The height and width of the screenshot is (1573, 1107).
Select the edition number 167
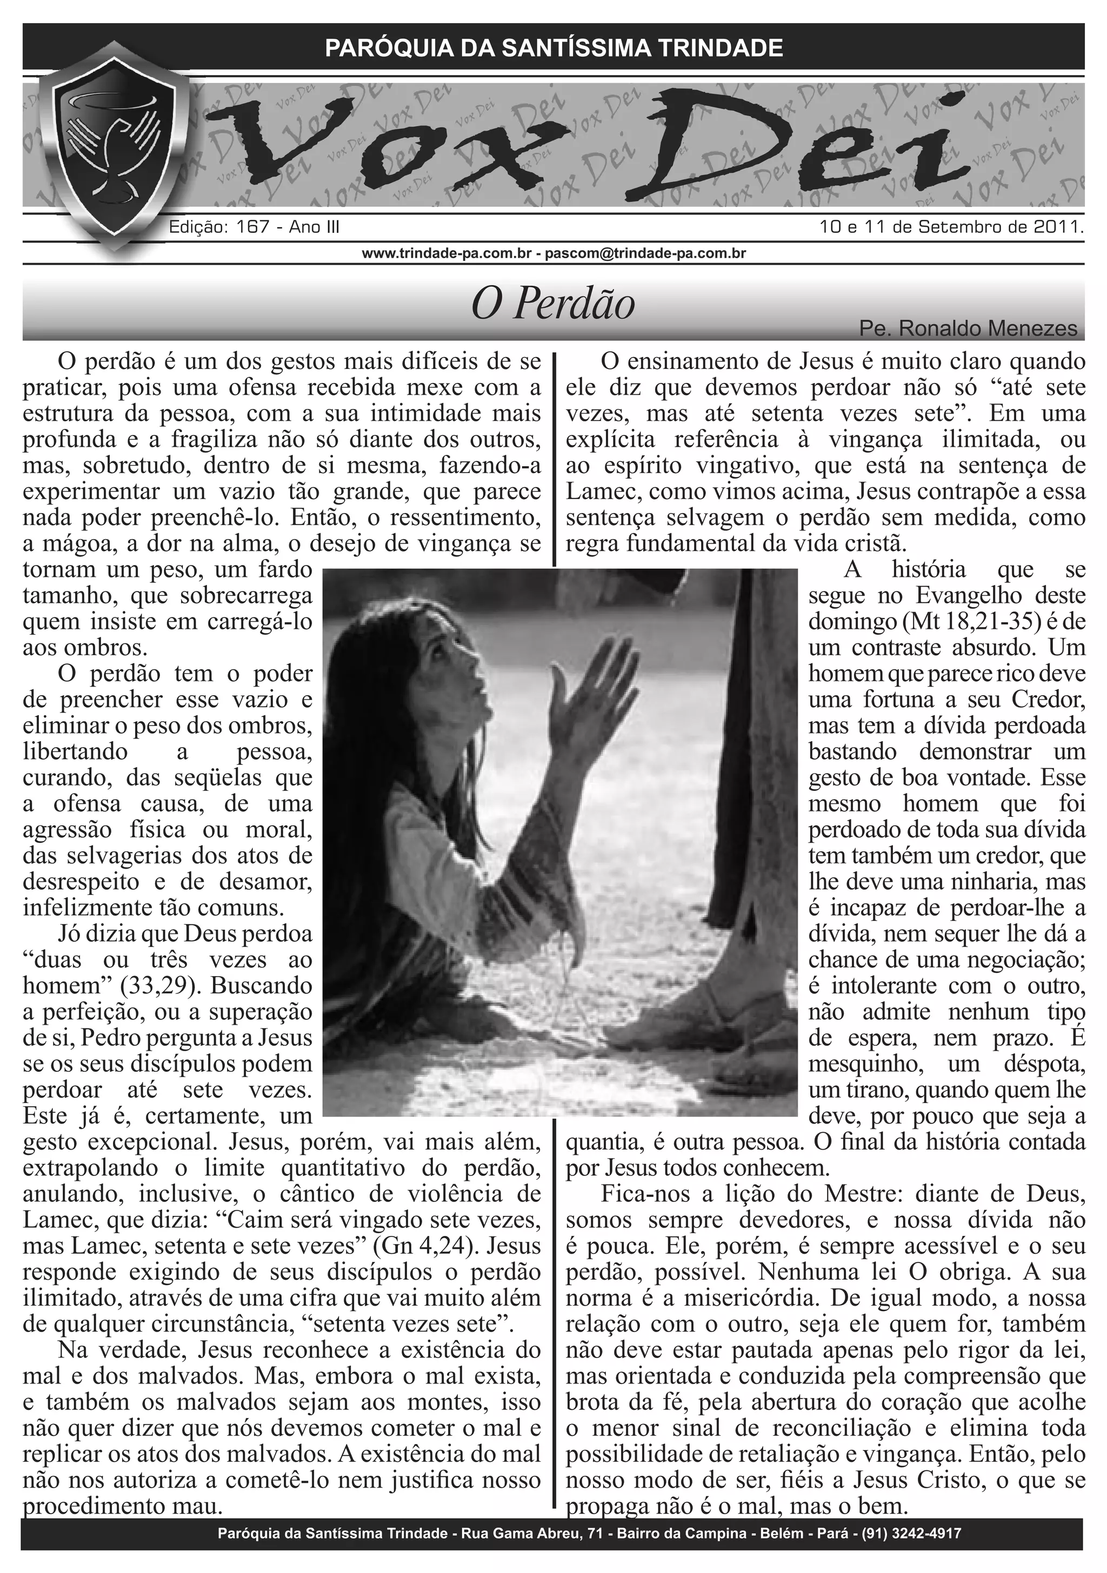pos(251,227)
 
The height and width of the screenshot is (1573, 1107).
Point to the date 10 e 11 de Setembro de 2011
pos(951,227)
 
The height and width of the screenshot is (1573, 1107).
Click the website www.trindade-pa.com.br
pos(447,253)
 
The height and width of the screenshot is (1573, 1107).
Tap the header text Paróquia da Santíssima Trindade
pos(553,48)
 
